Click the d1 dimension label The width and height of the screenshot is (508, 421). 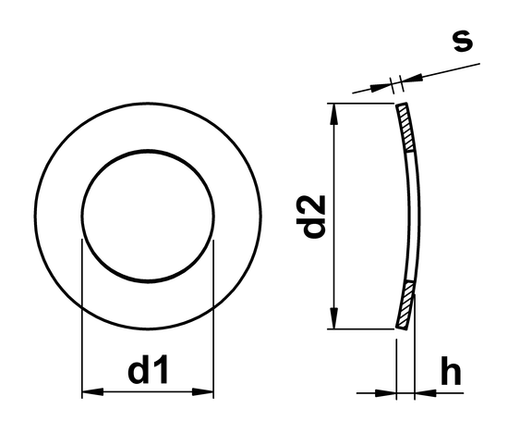(x=148, y=372)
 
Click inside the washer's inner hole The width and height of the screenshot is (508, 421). (x=148, y=217)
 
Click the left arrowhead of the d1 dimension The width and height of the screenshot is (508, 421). (x=90, y=393)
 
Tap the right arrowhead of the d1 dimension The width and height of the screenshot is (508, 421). (x=206, y=393)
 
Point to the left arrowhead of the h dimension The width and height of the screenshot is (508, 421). (x=389, y=393)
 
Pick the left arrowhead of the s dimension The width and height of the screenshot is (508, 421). (x=381, y=88)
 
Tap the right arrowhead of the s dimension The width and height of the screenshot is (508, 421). (x=412, y=80)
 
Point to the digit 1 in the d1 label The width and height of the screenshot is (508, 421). (x=162, y=372)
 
